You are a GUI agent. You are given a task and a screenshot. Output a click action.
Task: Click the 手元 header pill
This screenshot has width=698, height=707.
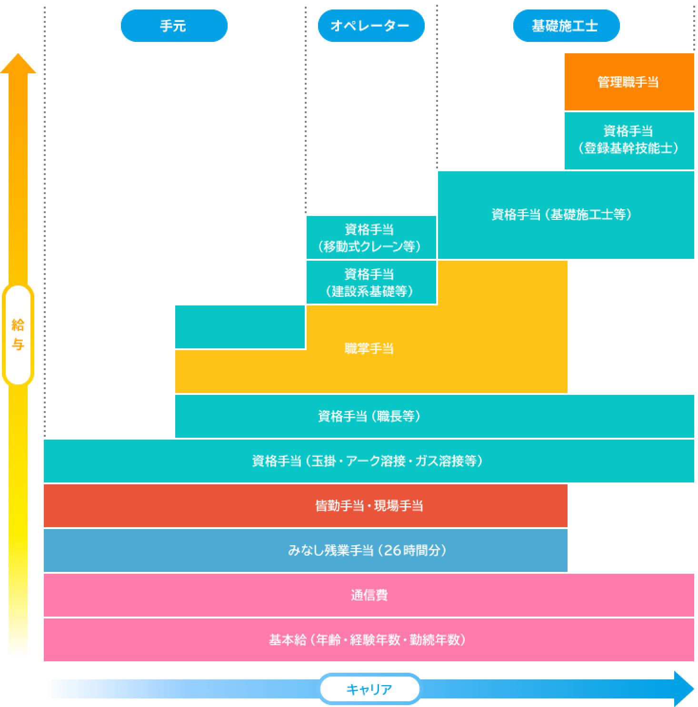(174, 26)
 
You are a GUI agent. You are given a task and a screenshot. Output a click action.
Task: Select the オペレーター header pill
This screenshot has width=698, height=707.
(370, 26)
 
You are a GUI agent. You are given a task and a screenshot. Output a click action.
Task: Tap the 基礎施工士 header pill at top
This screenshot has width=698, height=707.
(566, 26)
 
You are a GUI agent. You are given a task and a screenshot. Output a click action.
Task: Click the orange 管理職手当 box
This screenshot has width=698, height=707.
(628, 82)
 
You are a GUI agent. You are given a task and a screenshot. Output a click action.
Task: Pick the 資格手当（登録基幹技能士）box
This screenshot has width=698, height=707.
(628, 140)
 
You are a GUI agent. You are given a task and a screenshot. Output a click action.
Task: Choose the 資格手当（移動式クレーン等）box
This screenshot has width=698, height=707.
(370, 238)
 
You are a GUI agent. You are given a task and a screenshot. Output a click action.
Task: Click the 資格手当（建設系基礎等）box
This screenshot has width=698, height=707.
(370, 282)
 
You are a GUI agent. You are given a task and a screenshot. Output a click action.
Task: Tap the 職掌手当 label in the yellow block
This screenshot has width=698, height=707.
(369, 349)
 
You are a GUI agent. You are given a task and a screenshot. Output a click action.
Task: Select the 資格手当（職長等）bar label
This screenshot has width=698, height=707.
(369, 416)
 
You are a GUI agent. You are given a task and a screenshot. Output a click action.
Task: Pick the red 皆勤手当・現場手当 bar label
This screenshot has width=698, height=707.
(369, 506)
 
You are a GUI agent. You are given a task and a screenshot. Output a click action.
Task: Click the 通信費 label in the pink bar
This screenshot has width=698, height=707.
(369, 595)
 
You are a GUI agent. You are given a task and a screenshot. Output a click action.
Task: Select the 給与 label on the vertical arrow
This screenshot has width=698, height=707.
(18, 335)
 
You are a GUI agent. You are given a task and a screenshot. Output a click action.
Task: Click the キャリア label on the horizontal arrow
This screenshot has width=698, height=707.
(369, 689)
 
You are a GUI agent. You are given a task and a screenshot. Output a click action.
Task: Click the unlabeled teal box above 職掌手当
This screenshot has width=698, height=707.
(240, 327)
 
